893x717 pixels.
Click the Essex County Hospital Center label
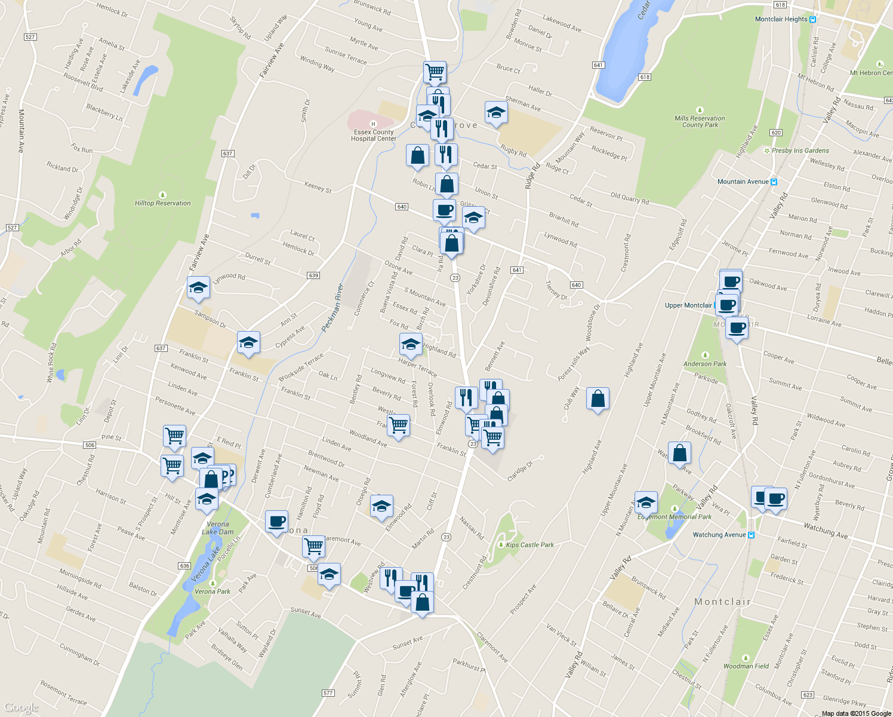374,135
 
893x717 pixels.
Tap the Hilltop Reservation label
162,203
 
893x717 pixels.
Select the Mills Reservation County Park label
700,121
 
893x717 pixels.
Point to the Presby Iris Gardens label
800,151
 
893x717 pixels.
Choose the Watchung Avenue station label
719,535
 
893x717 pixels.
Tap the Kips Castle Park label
529,545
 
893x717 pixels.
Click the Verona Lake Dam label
218,528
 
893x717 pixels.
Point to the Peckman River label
332,308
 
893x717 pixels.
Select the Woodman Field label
746,666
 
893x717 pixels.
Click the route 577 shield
328,693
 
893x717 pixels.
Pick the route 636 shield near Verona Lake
184,566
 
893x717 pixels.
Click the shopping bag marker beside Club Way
598,399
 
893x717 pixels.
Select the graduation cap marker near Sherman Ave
496,112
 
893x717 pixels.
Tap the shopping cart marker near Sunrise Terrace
435,72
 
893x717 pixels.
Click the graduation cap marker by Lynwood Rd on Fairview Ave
198,287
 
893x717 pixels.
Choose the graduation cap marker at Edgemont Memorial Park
646,503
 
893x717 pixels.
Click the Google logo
21,708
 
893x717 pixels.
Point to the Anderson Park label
705,364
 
